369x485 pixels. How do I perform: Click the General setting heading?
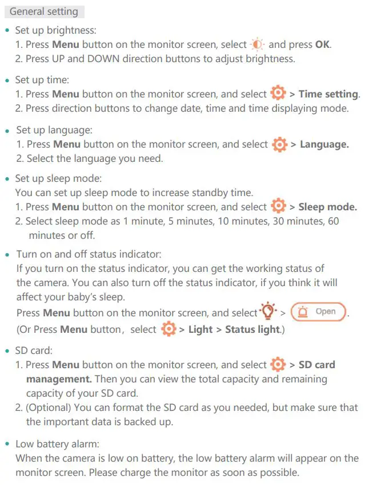pyautogui.click(x=44, y=11)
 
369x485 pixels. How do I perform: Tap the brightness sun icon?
pyautogui.click(x=258, y=44)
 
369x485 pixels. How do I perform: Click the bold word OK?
pyautogui.click(x=323, y=44)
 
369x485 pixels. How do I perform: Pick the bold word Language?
pyautogui.click(x=324, y=145)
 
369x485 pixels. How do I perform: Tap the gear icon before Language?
pyautogui.click(x=279, y=145)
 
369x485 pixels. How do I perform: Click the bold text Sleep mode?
pyautogui.click(x=327, y=207)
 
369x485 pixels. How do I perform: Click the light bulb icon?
pyautogui.click(x=267, y=312)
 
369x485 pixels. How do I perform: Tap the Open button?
pyautogui.click(x=319, y=312)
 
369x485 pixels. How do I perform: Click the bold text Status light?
pyautogui.click(x=252, y=329)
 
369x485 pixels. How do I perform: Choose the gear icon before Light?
pyautogui.click(x=168, y=329)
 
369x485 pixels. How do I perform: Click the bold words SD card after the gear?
pyautogui.click(x=316, y=365)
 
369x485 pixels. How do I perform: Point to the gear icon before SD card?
pyautogui.click(x=278, y=365)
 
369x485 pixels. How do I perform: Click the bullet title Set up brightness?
pyautogui.click(x=55, y=30)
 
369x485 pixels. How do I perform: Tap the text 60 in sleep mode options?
pyautogui.click(x=333, y=221)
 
